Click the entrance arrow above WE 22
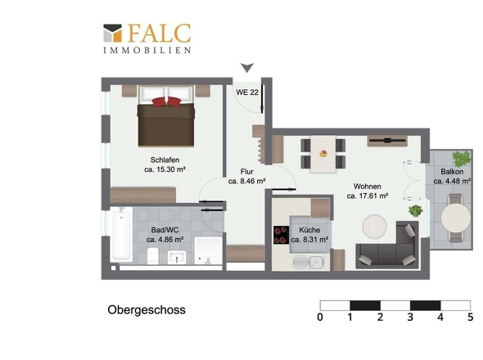247,67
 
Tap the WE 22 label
247,92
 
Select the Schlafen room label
165,160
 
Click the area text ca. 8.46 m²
246,181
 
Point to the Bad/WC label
165,230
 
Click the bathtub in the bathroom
121,234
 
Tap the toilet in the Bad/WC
153,255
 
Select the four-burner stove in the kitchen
281,235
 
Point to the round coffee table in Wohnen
374,226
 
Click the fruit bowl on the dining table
323,153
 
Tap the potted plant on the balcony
462,159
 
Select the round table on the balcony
456,218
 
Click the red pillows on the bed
166,101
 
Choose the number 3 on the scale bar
410,317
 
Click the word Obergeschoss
147,310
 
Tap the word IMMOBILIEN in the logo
147,50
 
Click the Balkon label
452,172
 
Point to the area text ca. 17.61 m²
368,196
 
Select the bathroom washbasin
177,258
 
